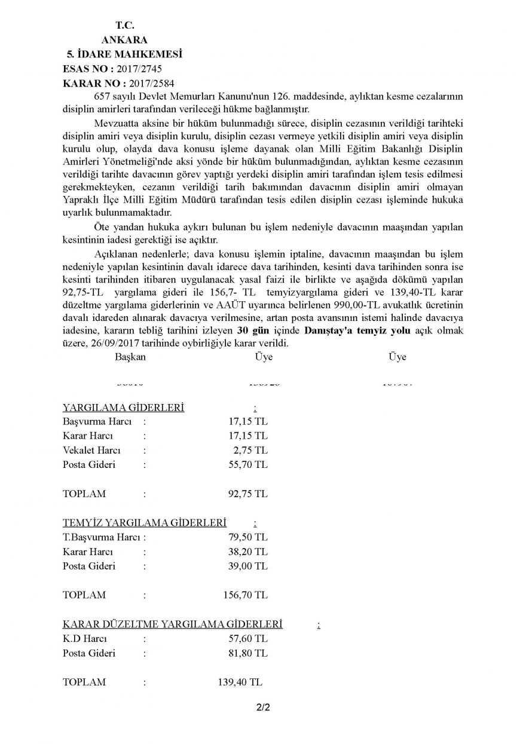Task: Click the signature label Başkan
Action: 130,357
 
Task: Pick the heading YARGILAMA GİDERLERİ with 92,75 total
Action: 123,408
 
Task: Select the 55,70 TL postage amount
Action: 244,464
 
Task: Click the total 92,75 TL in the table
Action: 244,494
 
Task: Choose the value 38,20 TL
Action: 244,551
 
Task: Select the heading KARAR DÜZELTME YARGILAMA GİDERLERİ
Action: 172,624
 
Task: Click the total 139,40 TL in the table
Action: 238,682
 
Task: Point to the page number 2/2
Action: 263,709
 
